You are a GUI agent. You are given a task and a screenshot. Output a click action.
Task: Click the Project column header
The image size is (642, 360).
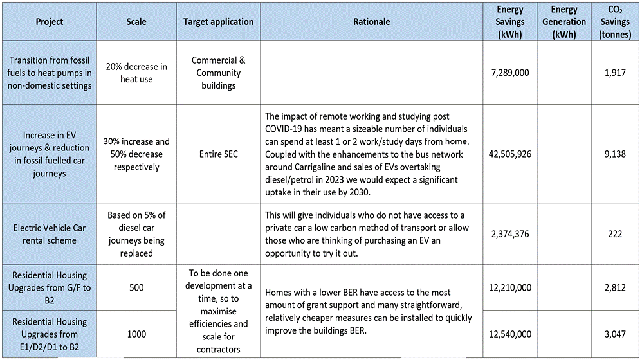click(x=50, y=22)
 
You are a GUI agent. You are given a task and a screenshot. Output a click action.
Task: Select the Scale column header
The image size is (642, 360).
click(x=136, y=22)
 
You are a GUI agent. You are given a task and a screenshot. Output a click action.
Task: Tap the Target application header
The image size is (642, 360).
click(x=219, y=22)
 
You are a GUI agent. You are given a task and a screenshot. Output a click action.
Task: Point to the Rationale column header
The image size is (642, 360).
click(x=372, y=22)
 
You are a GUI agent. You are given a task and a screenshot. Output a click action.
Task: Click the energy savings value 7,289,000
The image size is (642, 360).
click(x=509, y=73)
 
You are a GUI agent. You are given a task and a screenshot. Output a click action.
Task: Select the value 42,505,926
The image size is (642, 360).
click(x=509, y=154)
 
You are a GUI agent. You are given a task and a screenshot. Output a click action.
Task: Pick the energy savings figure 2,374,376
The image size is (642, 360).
click(x=509, y=234)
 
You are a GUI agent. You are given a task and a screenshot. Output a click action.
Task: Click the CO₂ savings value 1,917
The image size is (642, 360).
click(x=615, y=73)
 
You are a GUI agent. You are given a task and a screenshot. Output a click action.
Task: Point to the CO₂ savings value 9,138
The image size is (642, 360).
click(x=615, y=154)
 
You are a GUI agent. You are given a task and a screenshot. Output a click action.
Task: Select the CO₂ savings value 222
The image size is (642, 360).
click(x=615, y=234)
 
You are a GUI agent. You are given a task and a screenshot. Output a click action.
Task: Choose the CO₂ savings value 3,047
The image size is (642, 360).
click(x=615, y=334)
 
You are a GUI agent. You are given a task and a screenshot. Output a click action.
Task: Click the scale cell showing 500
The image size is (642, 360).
click(x=136, y=287)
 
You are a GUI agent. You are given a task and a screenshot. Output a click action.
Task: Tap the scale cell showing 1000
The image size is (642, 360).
click(x=136, y=334)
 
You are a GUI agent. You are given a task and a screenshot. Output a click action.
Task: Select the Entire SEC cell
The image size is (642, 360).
click(x=219, y=154)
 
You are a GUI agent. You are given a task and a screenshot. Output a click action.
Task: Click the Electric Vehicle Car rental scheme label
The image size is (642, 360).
click(x=50, y=234)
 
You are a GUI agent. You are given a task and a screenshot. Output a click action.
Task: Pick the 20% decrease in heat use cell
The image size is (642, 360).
click(x=136, y=73)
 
